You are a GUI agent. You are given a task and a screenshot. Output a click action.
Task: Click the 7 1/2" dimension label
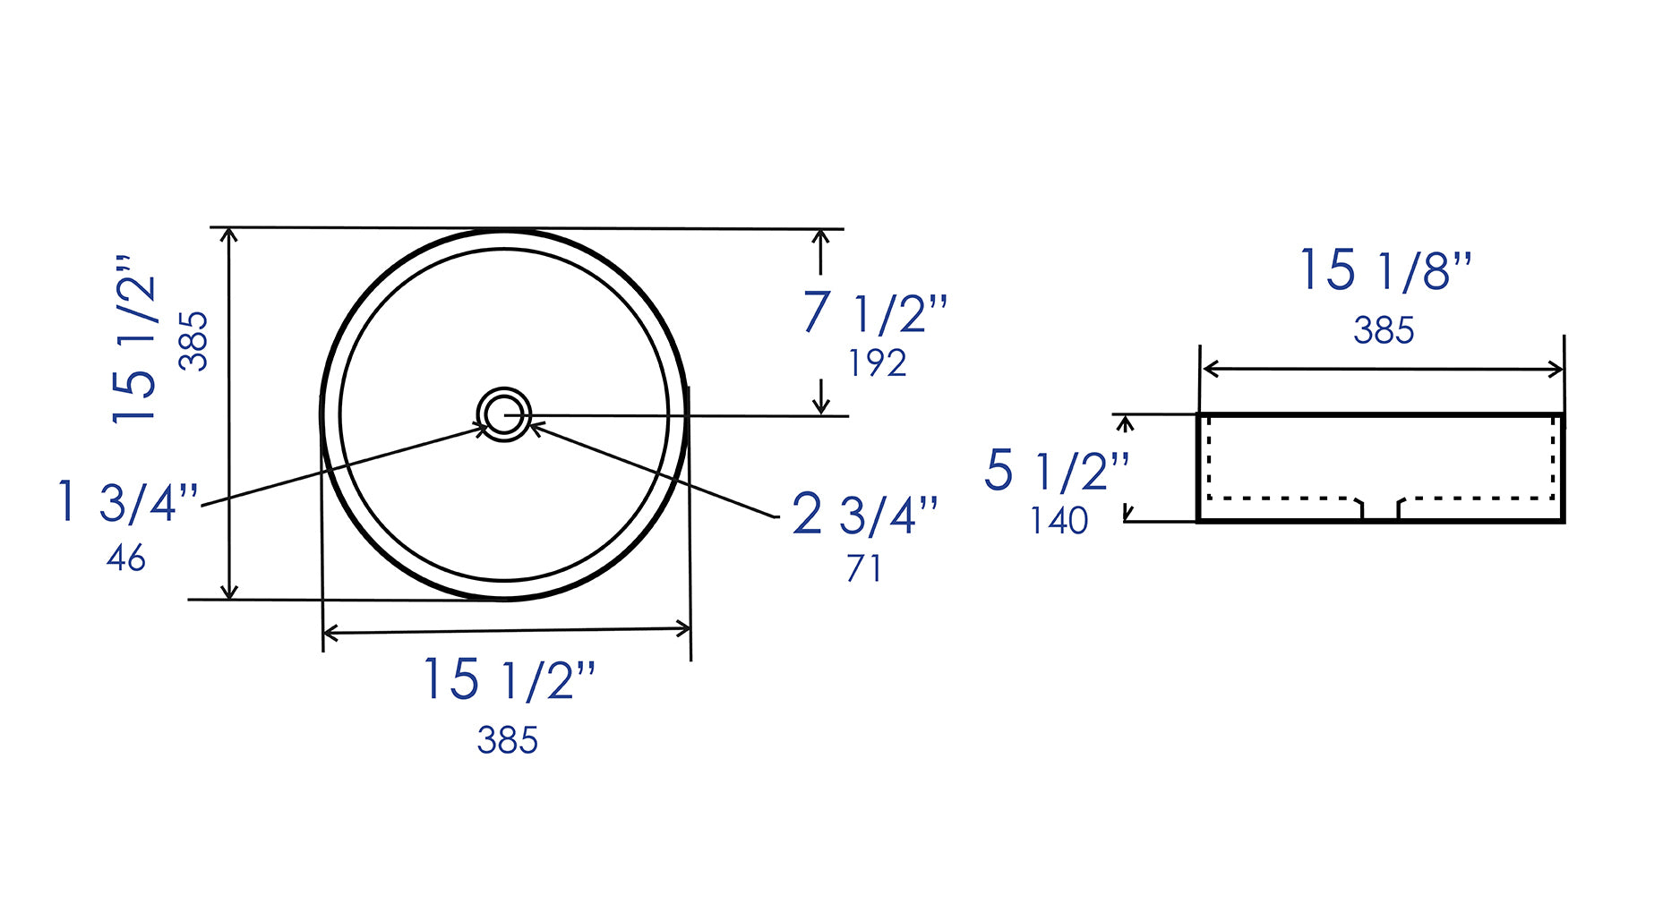tap(874, 313)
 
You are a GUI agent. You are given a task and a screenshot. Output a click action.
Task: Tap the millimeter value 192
tap(877, 363)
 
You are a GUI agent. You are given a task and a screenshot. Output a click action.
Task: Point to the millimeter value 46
tap(125, 558)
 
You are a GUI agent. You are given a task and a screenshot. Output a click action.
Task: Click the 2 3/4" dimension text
tap(864, 515)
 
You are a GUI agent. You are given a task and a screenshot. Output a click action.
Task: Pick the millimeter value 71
tap(863, 568)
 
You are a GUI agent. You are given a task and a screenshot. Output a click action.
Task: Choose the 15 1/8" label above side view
tap(1384, 269)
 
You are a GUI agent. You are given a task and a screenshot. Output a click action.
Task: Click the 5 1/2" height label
tap(1057, 471)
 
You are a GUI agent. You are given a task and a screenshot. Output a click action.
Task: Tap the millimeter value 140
tap(1059, 521)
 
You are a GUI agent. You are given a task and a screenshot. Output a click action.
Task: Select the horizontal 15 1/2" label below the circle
tap(508, 679)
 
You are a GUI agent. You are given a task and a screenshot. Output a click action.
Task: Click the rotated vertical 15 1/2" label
tap(134, 338)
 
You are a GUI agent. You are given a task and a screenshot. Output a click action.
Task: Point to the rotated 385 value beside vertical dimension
tap(193, 341)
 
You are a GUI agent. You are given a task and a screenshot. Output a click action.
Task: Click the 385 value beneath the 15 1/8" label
tap(1384, 331)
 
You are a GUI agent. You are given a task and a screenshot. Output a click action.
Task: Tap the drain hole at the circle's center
tap(504, 414)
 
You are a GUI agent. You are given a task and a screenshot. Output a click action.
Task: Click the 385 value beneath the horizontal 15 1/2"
tap(507, 740)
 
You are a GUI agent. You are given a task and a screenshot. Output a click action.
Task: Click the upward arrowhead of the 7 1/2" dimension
tap(820, 236)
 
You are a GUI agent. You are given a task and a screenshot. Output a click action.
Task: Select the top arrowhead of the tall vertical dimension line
tap(230, 235)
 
